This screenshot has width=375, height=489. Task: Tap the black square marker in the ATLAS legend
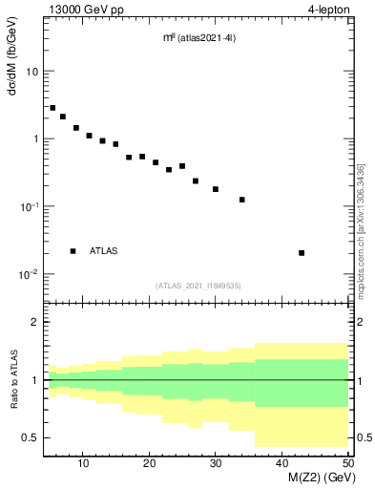[73, 251]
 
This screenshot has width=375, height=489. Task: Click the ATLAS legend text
[105, 251]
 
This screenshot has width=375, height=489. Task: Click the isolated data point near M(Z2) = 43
[302, 253]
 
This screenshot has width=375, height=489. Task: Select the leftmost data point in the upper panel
[52, 108]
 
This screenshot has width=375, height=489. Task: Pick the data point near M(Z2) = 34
[242, 200]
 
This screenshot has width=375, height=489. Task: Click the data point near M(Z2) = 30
[216, 189]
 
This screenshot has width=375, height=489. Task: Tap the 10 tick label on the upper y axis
[31, 72]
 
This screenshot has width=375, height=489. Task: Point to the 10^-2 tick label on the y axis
[29, 274]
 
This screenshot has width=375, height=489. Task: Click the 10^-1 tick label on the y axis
[29, 206]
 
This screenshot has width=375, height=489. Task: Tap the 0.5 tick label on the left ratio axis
[30, 437]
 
